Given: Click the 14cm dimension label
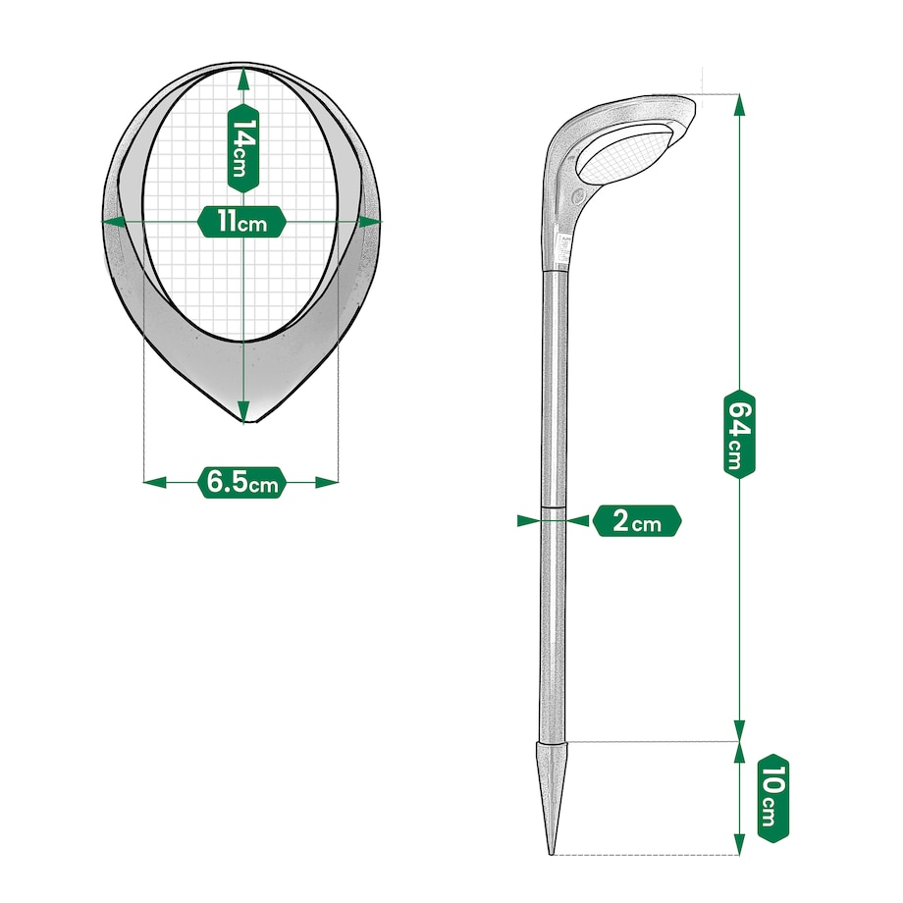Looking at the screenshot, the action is click(x=243, y=148).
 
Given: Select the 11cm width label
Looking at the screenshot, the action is click(x=241, y=221).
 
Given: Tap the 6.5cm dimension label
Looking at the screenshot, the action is click(x=241, y=483).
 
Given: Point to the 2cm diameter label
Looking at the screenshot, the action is click(x=637, y=521).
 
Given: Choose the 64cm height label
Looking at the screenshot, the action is click(x=739, y=434).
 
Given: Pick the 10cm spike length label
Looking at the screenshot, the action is click(x=772, y=798).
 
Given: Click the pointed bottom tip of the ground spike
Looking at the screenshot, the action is click(x=552, y=854).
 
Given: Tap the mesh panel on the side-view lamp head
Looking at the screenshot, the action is click(x=625, y=152).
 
